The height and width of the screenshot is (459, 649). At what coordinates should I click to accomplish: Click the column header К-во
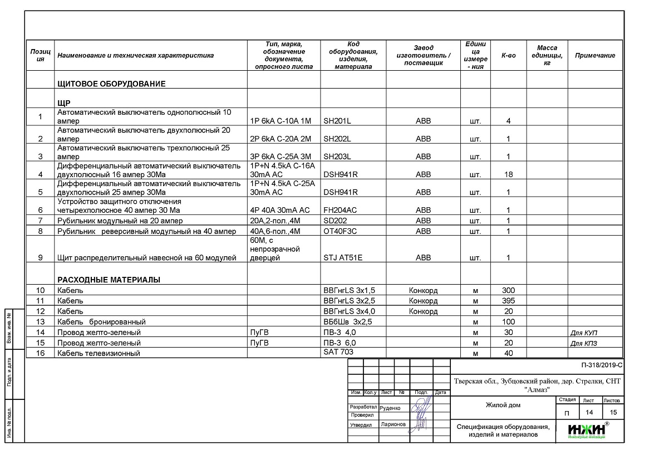pos(508,56)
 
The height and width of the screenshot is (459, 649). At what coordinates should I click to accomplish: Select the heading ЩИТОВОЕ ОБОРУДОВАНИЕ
pos(111,84)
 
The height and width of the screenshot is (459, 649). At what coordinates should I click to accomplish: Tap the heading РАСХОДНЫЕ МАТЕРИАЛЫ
pos(109,280)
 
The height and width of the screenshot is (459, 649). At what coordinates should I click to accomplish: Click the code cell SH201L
pos(337,121)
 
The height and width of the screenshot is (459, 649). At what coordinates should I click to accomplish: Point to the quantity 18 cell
pos(508,174)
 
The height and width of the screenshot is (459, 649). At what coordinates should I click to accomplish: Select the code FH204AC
pos(340,210)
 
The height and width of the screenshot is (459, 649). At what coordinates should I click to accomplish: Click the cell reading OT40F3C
pos(340,231)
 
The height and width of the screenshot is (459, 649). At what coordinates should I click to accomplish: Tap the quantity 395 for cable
pos(508,301)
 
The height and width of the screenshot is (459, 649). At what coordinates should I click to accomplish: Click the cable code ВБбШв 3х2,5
pos(347,322)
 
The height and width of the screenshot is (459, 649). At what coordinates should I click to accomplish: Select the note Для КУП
pos(584,333)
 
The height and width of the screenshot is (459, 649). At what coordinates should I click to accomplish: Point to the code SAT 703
pos(338,351)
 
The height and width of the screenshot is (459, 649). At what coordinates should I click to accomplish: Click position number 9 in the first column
pos(40,258)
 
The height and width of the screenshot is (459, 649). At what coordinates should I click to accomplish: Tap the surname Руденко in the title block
pos(390,408)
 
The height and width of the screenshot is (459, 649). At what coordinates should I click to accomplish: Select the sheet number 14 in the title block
pos(588,412)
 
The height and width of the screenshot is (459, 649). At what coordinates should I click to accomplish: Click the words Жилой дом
pos(503,406)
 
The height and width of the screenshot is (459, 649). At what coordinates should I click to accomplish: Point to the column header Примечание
pos(595,56)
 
